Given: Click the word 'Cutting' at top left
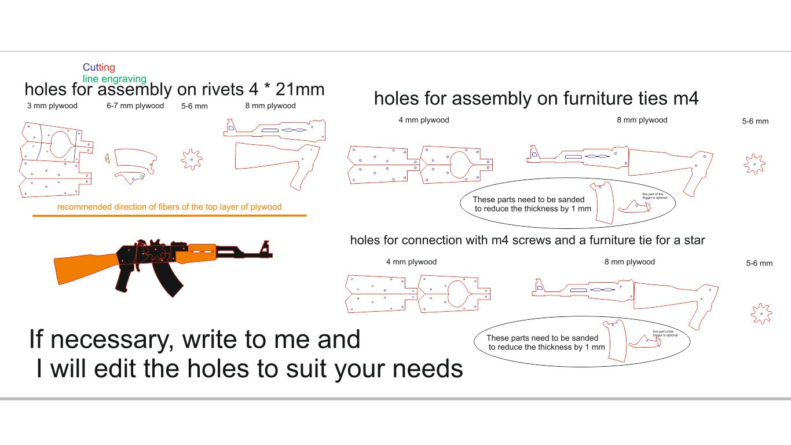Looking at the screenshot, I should (99, 68).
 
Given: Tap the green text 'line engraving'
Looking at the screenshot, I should (115, 79).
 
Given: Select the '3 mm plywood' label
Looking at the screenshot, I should (52, 106).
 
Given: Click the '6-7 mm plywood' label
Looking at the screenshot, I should (135, 106).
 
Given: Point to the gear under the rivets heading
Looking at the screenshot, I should (192, 159).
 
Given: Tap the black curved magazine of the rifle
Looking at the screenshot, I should (168, 278).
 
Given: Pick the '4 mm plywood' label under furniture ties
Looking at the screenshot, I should (423, 120).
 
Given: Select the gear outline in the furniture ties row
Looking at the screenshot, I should (754, 164).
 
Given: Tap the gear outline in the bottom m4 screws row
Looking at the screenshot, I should (761, 313).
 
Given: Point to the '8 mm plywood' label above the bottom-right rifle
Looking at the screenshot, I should (629, 262).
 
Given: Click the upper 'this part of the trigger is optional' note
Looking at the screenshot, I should (654, 196).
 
